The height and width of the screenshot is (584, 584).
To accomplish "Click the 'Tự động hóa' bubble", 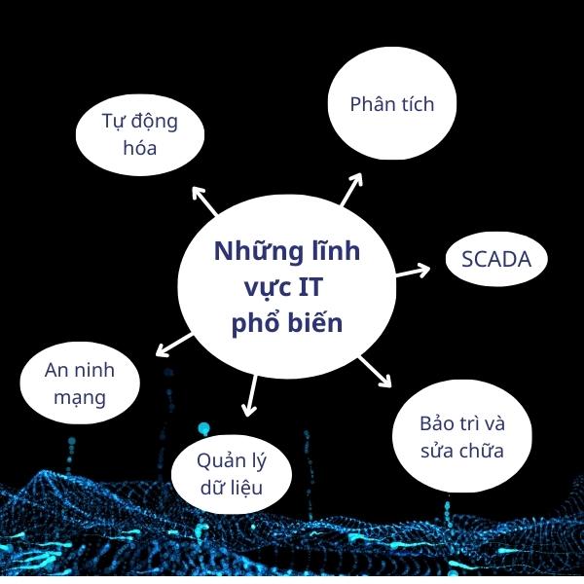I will [x=140, y=135].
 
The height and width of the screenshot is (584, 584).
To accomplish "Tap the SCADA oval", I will [x=496, y=260].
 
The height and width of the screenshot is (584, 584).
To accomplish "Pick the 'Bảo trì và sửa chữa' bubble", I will [x=462, y=438].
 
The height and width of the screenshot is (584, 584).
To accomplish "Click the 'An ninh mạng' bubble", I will [x=80, y=383].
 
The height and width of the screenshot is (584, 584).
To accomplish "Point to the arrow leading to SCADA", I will [x=413, y=270].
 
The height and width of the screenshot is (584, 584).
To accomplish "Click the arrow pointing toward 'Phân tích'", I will [x=351, y=190].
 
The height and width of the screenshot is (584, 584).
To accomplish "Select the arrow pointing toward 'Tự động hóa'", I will [x=205, y=200].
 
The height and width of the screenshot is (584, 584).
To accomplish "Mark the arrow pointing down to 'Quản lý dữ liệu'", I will [x=249, y=393].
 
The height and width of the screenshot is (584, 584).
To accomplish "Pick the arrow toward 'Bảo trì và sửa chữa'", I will [x=374, y=371].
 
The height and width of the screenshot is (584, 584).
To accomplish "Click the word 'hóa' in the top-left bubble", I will [x=140, y=149].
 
